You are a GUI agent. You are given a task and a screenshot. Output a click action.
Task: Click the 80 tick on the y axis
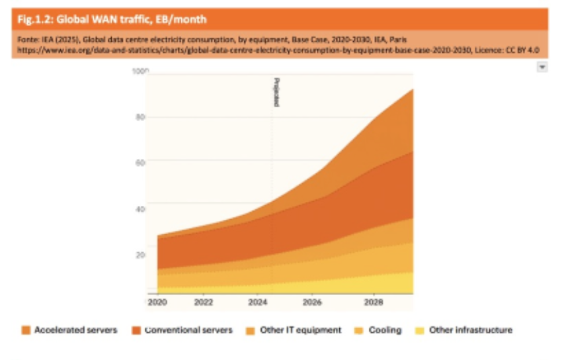coord(140,117)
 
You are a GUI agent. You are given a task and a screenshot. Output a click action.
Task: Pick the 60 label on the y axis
coord(140,161)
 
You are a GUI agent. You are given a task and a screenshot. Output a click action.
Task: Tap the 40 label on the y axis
coord(140,209)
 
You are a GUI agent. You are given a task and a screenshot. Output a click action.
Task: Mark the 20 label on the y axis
coord(140,255)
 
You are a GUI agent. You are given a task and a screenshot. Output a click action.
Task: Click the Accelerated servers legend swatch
coord(26,330)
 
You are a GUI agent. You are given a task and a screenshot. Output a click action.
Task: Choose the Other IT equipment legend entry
coord(301,330)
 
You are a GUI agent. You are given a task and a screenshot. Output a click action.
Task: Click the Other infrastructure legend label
coord(470,330)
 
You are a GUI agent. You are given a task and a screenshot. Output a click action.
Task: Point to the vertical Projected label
coord(276,92)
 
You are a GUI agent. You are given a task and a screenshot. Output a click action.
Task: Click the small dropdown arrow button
coord(542,67)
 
